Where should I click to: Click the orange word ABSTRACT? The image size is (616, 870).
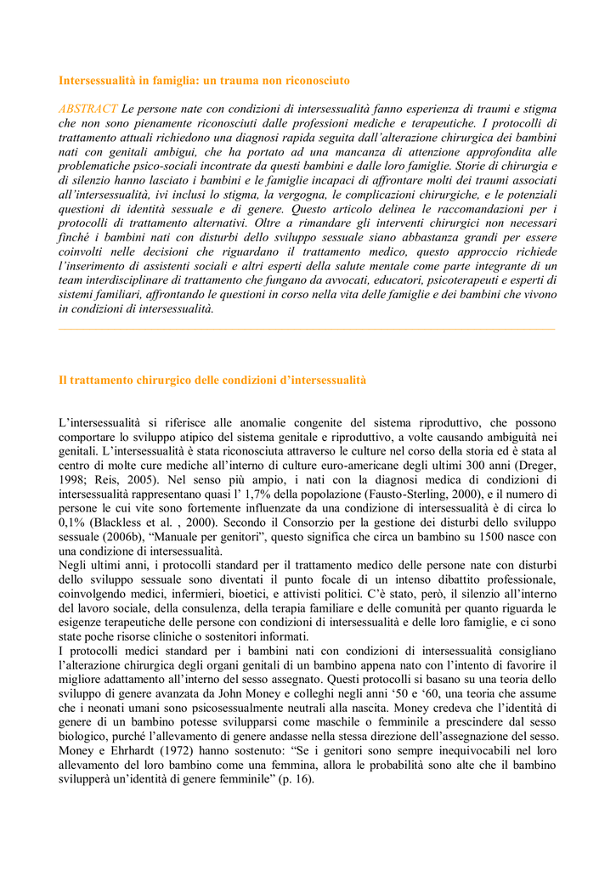(x=88, y=109)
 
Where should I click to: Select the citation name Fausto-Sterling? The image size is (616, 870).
(x=427, y=494)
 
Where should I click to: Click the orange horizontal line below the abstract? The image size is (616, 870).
(x=307, y=330)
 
